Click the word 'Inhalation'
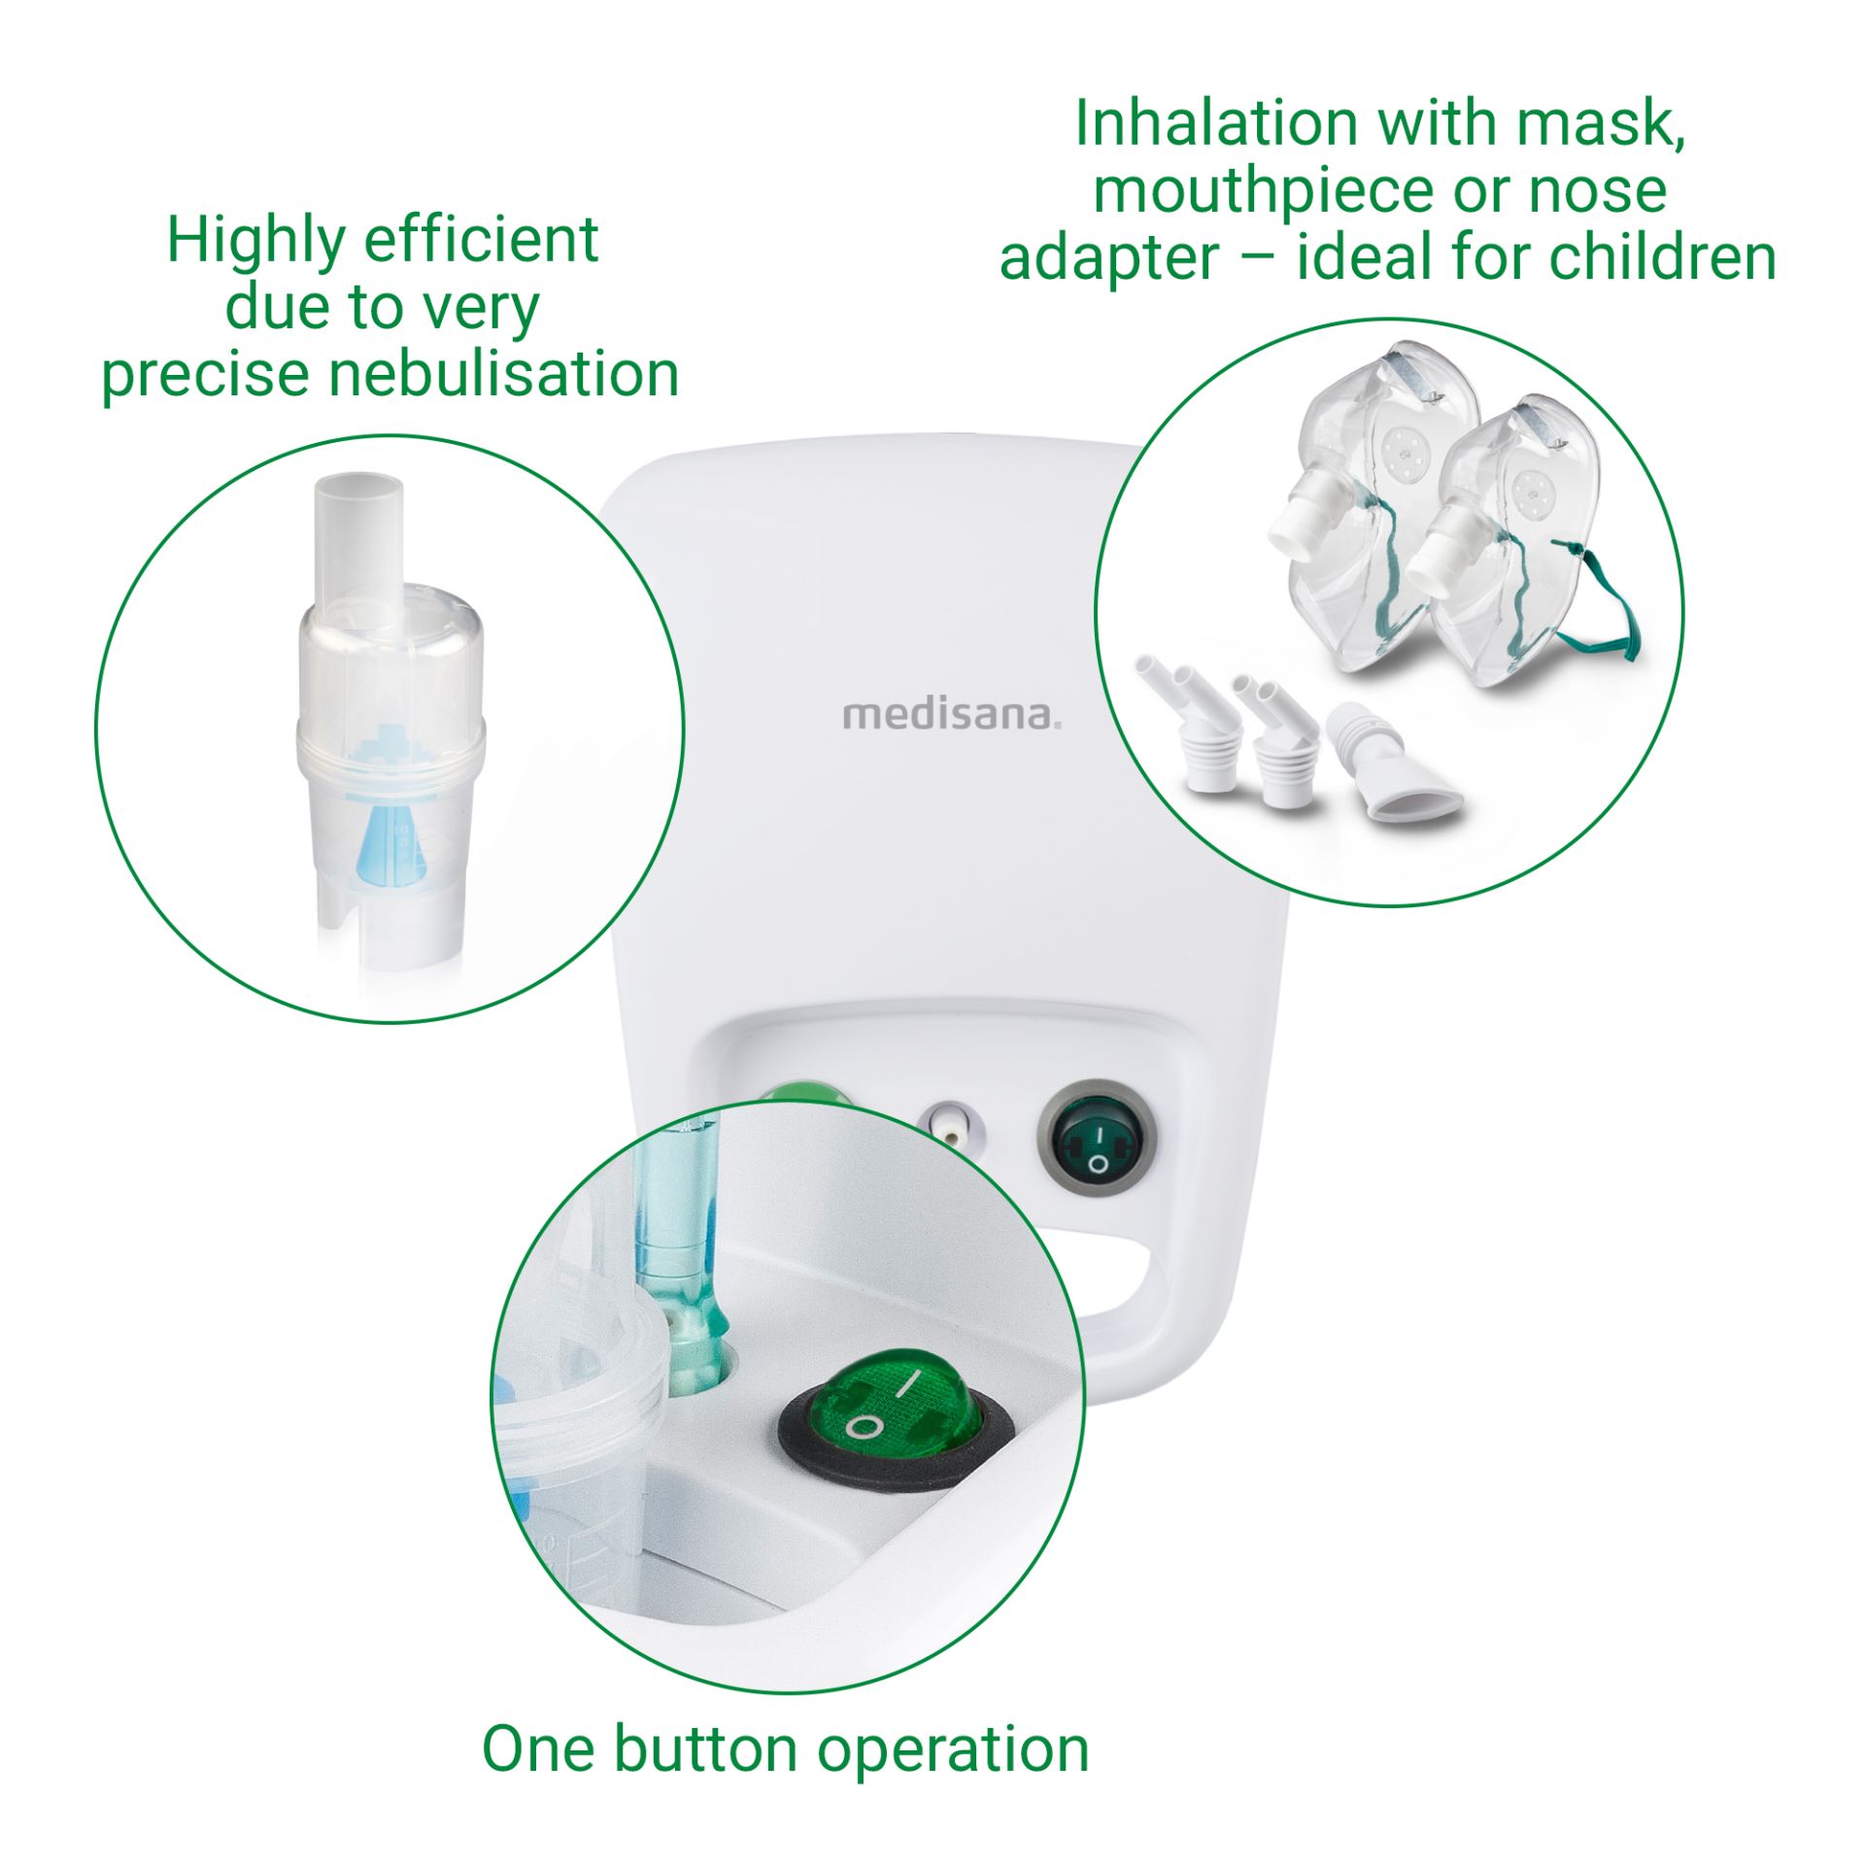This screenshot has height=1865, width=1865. pos(1214,124)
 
